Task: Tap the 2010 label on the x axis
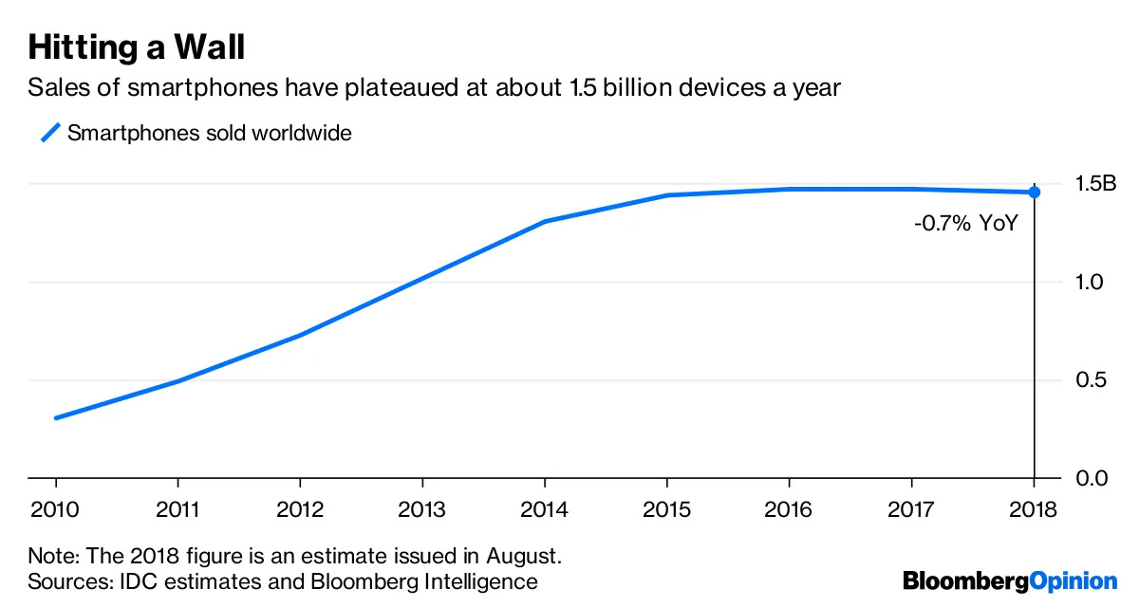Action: (55, 509)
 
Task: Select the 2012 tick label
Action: (300, 509)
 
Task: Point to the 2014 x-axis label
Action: (544, 509)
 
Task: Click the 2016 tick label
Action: (789, 509)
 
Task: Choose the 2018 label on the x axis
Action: (1033, 509)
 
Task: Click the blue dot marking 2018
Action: (1034, 193)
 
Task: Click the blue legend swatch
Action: (49, 133)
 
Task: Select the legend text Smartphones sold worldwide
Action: (209, 133)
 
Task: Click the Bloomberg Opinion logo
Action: (1010, 580)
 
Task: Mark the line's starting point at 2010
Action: (55, 418)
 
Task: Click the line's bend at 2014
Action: (544, 222)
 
